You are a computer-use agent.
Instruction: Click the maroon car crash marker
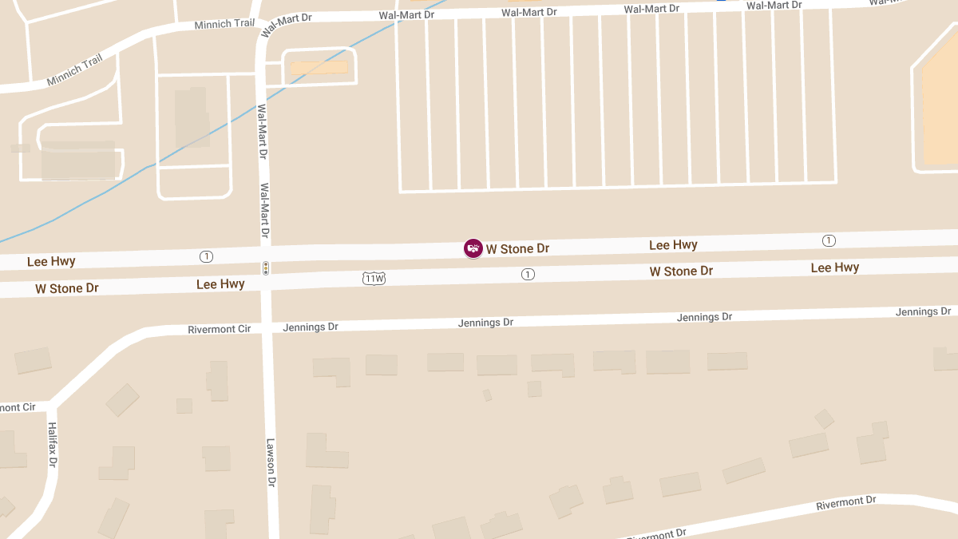[x=473, y=248]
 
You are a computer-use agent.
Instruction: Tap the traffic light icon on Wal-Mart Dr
[x=265, y=268]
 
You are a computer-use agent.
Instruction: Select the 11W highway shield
[x=374, y=278]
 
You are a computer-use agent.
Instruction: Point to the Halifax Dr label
[x=53, y=445]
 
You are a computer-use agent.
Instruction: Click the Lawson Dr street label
[x=271, y=463]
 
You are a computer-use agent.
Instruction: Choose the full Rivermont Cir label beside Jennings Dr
[x=219, y=329]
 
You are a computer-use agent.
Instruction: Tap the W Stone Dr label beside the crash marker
[x=517, y=248]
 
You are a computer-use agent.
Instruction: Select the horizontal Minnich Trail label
[x=224, y=25]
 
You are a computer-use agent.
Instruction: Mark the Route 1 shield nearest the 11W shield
[x=527, y=274]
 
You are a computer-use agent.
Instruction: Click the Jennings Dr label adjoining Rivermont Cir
[x=311, y=327]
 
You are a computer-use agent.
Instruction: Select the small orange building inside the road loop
[x=319, y=68]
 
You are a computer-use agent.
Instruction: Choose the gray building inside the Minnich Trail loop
[x=78, y=161]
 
